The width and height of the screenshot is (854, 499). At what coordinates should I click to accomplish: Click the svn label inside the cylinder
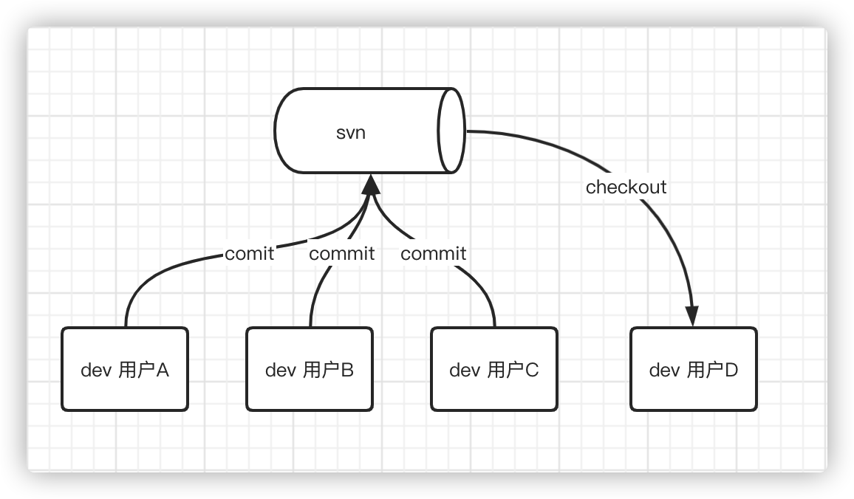click(351, 134)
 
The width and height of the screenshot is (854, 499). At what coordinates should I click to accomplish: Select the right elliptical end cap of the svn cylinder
click(451, 131)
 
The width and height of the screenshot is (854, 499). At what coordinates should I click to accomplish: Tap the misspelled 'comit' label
click(249, 254)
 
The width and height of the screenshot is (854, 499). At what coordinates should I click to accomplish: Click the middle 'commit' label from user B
click(341, 254)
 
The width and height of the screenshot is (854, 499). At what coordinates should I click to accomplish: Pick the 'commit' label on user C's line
click(433, 254)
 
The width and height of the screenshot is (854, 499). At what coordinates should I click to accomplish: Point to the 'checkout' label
click(626, 187)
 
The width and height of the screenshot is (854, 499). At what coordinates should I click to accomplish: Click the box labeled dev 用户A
click(125, 369)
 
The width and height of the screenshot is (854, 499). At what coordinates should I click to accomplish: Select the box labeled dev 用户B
click(310, 369)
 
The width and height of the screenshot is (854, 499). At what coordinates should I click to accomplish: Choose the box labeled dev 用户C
click(494, 369)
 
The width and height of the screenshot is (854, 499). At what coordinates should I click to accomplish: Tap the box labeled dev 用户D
click(694, 369)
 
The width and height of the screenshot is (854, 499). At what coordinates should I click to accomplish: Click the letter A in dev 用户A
click(163, 370)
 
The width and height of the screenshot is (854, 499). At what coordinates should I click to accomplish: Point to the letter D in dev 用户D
click(731, 370)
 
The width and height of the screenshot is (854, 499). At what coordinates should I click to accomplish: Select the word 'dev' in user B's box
click(281, 370)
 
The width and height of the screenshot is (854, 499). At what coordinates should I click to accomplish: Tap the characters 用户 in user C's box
click(506, 370)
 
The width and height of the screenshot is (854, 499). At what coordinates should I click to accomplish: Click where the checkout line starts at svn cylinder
click(467, 131)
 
